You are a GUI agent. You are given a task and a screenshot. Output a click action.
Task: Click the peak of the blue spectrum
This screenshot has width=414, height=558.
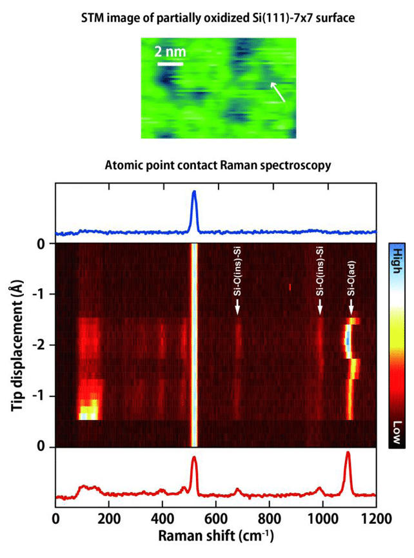[193, 191]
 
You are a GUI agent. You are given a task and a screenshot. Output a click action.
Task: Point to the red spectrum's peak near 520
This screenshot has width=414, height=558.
[194, 458]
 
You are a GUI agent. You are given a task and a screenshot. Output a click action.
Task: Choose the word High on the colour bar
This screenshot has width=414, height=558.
[397, 260]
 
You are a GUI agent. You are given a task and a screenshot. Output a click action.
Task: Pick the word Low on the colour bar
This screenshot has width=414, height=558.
[397, 434]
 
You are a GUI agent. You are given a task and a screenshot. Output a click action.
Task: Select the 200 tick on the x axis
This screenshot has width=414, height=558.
[109, 517]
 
